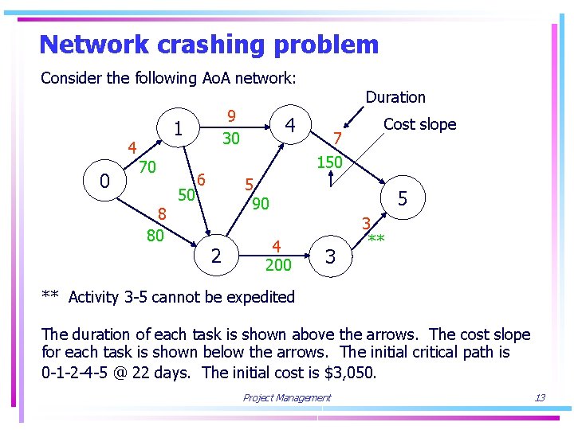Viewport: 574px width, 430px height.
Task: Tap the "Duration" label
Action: point(395,97)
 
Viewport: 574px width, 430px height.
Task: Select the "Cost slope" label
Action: point(419,124)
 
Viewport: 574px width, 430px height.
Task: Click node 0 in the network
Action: point(104,182)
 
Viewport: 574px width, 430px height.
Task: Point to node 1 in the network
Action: point(179,128)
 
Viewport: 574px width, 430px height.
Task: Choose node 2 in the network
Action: point(215,256)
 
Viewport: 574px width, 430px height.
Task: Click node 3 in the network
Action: point(331,256)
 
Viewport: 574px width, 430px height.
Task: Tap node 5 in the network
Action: point(403,198)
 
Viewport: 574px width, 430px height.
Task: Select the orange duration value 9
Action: point(231,115)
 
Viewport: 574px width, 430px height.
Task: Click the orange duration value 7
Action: point(338,139)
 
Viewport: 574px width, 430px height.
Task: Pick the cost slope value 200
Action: point(277,264)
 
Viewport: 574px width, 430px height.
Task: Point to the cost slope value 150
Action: point(329,162)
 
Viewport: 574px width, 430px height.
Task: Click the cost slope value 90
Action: point(261,204)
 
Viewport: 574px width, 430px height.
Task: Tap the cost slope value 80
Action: point(155,236)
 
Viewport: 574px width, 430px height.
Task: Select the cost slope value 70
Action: point(147,167)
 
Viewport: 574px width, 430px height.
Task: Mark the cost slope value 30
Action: point(231,139)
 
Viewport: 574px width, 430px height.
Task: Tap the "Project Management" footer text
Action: point(287,398)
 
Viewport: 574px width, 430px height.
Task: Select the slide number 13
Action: point(540,398)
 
